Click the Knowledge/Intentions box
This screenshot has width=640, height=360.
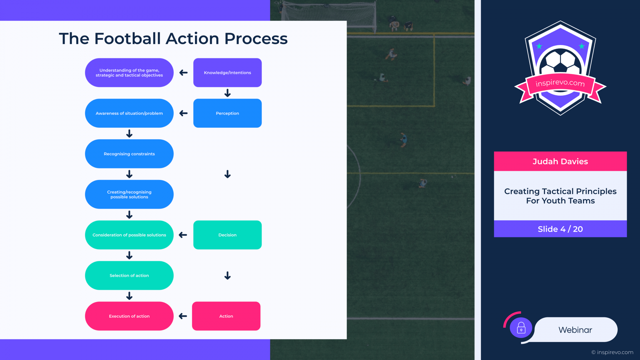click(227, 73)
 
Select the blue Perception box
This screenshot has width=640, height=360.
click(227, 113)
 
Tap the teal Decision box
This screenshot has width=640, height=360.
click(227, 235)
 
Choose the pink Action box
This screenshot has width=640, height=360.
click(226, 316)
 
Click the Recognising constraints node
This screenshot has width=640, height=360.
click(129, 154)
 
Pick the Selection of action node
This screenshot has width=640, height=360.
click(129, 275)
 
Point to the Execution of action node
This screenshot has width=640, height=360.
click(129, 316)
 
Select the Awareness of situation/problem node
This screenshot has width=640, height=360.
click(129, 113)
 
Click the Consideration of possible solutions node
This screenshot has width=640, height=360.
click(129, 235)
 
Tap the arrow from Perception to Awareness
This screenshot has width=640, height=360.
click(183, 113)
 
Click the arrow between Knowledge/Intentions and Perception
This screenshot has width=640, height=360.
click(228, 93)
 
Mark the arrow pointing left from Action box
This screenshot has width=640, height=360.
click(183, 316)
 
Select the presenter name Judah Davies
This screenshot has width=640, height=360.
click(560, 161)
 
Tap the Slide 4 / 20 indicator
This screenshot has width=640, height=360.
click(560, 229)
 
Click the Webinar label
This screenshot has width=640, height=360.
click(575, 330)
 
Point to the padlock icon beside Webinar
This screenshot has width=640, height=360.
click(521, 328)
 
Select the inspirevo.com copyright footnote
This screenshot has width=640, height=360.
click(612, 352)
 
